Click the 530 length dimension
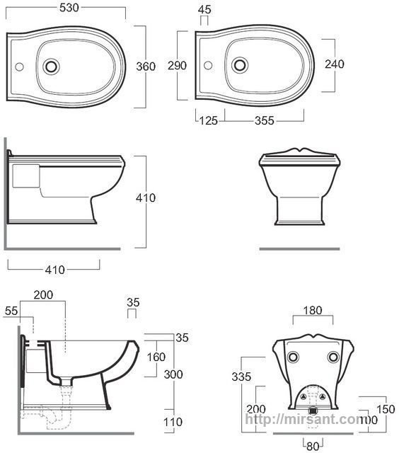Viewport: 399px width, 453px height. (x=69, y=8)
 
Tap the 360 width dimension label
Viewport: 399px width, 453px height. (x=146, y=67)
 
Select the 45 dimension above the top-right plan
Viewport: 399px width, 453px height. (x=204, y=9)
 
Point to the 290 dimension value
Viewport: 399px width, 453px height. (x=177, y=65)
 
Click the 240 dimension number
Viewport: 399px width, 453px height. (x=335, y=64)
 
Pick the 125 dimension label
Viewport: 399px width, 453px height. (x=209, y=120)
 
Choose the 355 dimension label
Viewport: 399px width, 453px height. (x=264, y=120)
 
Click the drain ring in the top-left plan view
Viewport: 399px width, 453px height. (x=51, y=67)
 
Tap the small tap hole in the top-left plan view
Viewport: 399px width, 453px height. (x=19, y=67)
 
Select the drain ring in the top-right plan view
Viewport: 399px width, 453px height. (x=240, y=65)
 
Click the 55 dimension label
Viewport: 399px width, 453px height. (x=11, y=311)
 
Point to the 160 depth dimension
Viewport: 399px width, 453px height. (x=156, y=357)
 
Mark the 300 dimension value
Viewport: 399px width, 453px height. (x=173, y=374)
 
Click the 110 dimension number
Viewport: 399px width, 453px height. (x=173, y=422)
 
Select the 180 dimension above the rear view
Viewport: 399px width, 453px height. (x=313, y=310)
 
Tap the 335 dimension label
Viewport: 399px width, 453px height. (x=241, y=377)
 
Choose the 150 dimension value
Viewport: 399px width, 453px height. (x=386, y=409)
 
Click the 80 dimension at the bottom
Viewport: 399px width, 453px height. (x=313, y=446)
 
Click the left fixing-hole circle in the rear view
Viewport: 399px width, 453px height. (x=293, y=357)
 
